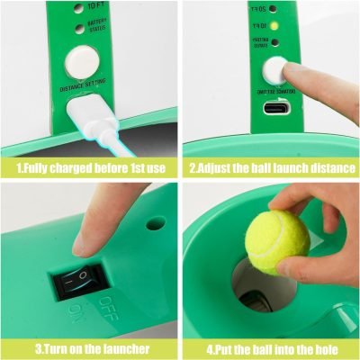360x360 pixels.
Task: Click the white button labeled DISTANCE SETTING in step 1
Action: pos(82,60)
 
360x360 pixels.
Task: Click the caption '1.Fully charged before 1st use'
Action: pos(89,167)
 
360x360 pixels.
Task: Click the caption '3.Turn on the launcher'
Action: pos(89,346)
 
